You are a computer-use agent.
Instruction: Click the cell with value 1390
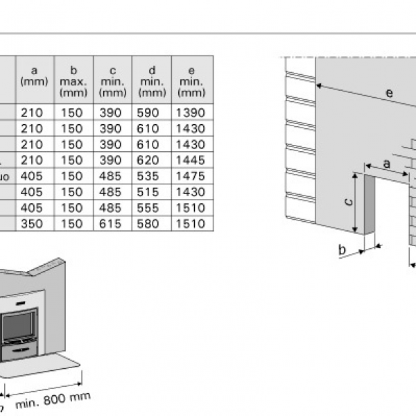coord(191,112)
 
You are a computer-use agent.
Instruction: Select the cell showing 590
coord(152,112)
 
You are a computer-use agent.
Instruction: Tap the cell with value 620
coord(152,161)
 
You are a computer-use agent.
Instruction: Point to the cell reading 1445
coord(191,161)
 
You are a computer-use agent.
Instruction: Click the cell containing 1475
coord(191,176)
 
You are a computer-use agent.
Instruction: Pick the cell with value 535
coord(152,176)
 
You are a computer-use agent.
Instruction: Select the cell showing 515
coord(152,192)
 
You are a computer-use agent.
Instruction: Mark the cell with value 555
coord(152,208)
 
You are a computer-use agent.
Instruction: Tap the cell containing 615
coord(112,224)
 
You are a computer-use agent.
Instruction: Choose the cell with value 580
coord(152,224)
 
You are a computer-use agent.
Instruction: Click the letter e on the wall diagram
coord(389,92)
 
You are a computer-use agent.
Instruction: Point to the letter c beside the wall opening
coord(349,202)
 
